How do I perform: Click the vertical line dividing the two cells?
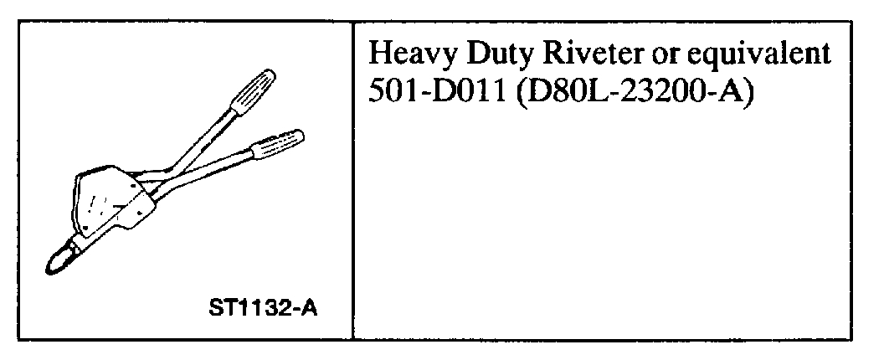coord(352,180)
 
